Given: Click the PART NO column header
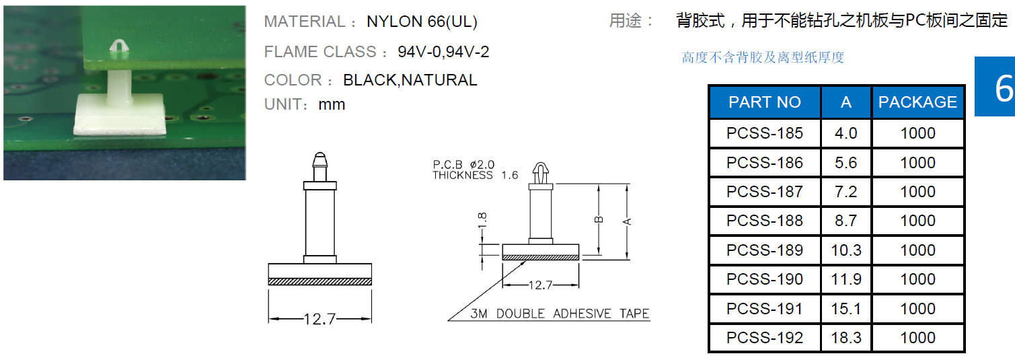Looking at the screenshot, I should click(x=765, y=102).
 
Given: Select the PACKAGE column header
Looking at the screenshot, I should click(x=917, y=102).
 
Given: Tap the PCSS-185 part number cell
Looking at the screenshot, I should click(x=765, y=133).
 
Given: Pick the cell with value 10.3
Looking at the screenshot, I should click(x=846, y=250).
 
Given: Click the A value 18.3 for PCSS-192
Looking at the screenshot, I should click(x=846, y=338).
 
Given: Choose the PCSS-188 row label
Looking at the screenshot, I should click(x=765, y=221).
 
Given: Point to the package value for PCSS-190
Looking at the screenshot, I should click(x=917, y=279).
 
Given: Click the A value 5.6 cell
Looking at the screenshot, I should click(x=846, y=163).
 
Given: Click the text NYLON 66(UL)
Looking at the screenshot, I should click(x=422, y=22).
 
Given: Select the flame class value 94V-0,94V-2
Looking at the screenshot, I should click(x=443, y=52).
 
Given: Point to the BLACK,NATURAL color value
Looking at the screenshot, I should click(x=410, y=80).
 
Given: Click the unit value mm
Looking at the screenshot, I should click(x=332, y=104).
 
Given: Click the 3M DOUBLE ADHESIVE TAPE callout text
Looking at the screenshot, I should click(x=560, y=314).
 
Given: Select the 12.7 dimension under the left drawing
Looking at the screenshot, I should click(x=319, y=319).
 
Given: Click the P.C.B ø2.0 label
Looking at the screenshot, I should click(x=463, y=165).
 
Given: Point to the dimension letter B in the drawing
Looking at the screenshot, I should click(x=599, y=219).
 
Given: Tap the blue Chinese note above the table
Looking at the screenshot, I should click(x=763, y=58).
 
